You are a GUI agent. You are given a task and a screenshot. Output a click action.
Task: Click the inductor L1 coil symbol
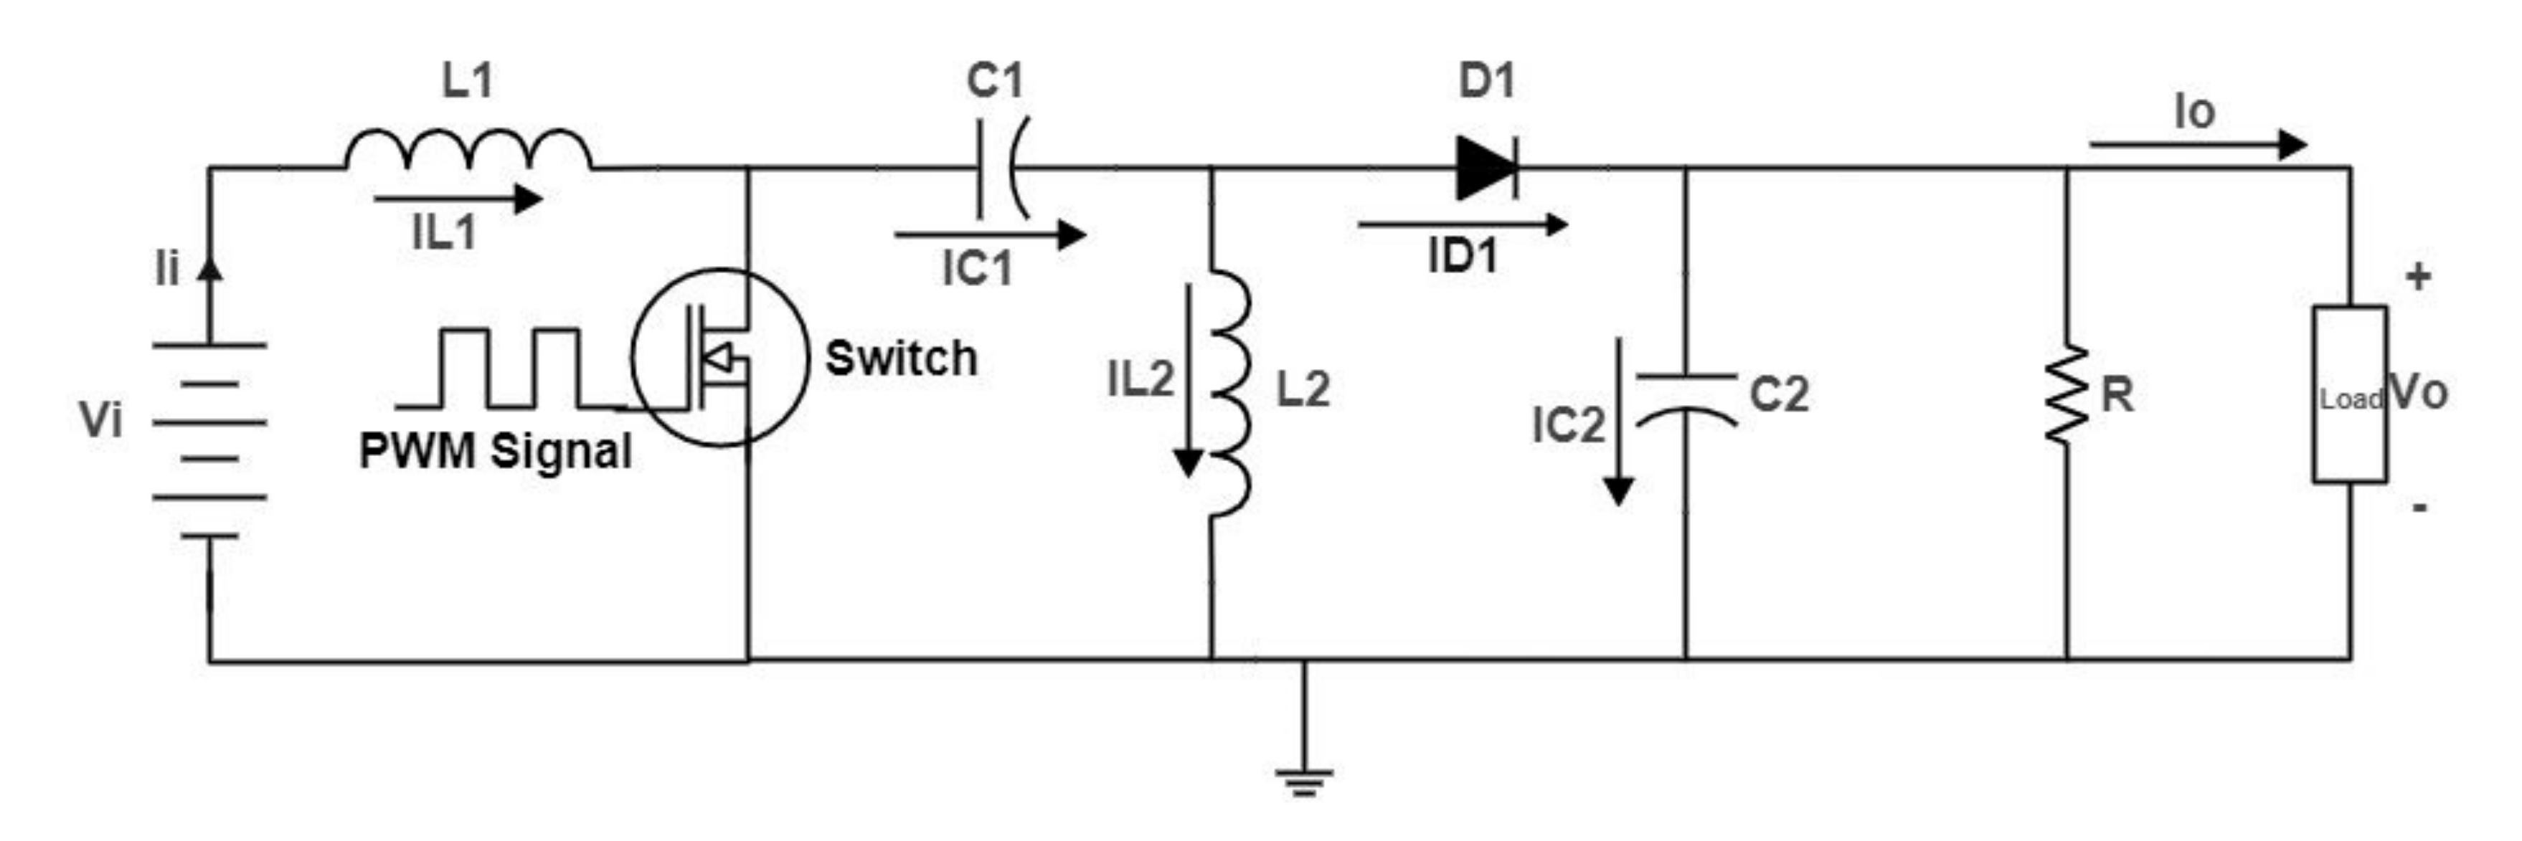coord(468,152)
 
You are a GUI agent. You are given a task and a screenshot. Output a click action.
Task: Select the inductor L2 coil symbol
coord(1229,391)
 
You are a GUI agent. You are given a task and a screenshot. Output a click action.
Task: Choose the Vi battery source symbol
coord(209,440)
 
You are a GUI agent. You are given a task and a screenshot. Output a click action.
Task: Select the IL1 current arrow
coord(457,200)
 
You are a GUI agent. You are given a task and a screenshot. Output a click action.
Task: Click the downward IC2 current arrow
coord(1618,421)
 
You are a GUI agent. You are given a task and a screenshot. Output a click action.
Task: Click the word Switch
coord(901,358)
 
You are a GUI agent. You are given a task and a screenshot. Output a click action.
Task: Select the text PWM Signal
coord(496,452)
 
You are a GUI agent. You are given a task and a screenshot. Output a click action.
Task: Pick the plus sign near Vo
coord(2418,278)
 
